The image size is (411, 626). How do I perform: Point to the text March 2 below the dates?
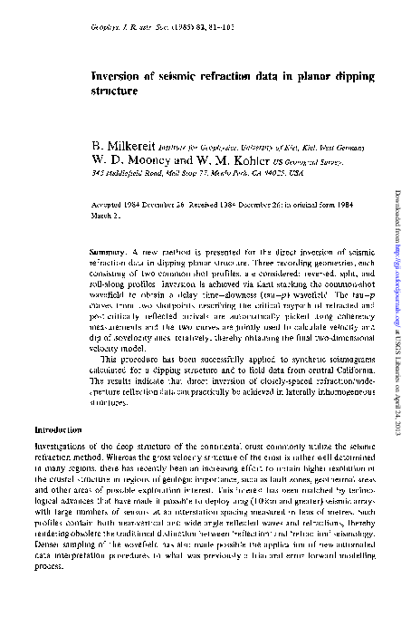(x=109, y=217)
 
